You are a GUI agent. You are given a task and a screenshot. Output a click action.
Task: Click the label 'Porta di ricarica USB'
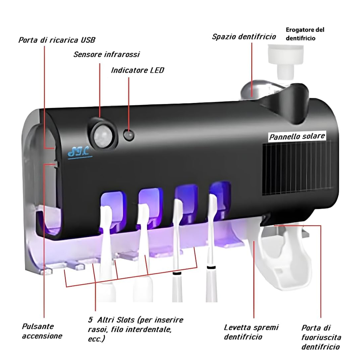[x=57, y=40]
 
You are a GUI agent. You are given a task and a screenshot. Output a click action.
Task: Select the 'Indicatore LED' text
[x=137, y=70]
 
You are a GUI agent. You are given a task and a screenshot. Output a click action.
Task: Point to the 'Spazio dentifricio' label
[x=244, y=36]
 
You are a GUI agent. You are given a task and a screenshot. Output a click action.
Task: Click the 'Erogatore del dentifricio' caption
[x=305, y=34]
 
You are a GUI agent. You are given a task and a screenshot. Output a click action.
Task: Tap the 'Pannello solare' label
[x=297, y=136]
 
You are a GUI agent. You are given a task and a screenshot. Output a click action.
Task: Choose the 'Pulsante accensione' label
[x=42, y=331]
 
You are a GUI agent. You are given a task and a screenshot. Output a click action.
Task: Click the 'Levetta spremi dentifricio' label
[x=251, y=332]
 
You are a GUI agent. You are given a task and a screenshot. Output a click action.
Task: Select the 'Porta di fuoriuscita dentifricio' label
[x=321, y=337]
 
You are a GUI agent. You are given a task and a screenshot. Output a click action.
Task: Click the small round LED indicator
[x=129, y=135]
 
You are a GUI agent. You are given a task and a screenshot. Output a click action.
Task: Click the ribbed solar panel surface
[x=298, y=170]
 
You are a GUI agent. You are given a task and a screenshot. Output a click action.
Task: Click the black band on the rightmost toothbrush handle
[x=211, y=267]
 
